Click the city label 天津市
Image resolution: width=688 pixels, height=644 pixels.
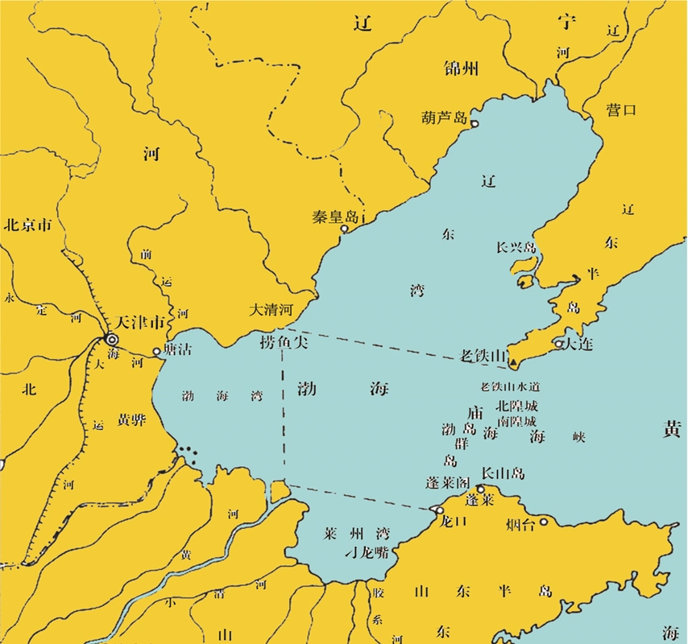(141, 321)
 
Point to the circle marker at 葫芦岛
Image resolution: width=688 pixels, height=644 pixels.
(475, 123)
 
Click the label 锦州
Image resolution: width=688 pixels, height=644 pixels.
(461, 68)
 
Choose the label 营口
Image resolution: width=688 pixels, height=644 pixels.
(621, 110)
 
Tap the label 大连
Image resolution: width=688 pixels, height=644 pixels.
(578, 344)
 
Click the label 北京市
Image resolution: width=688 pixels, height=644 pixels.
(27, 225)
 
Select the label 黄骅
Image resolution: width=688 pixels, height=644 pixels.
(131, 419)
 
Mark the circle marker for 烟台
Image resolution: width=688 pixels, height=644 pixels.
(545, 522)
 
